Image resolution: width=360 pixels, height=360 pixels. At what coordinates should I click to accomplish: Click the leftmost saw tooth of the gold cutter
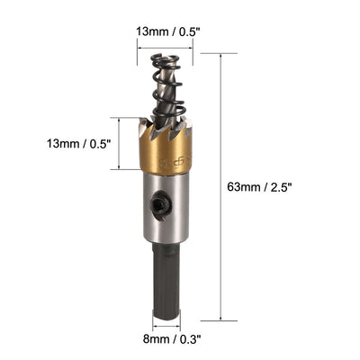pos(146,124)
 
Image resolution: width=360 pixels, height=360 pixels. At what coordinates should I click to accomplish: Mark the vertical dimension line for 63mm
pos(222,187)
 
